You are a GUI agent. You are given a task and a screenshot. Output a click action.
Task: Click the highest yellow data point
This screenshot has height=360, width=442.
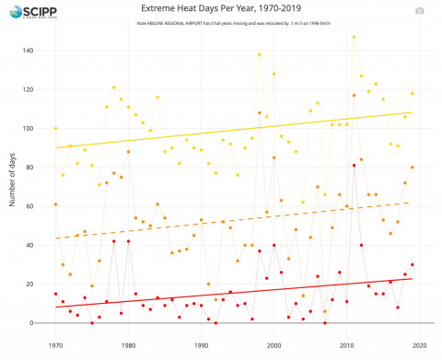tap(354, 37)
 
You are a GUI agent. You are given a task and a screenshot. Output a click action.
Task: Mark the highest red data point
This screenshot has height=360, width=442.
tap(354, 166)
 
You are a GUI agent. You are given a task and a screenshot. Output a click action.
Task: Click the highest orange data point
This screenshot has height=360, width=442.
tap(354, 95)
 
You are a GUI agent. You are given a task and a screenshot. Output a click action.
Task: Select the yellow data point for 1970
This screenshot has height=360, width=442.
tap(55, 128)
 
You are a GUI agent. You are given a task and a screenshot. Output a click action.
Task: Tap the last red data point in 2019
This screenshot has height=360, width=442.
tap(412, 265)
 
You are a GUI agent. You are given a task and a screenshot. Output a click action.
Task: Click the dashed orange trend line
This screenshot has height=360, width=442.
tap(230, 221)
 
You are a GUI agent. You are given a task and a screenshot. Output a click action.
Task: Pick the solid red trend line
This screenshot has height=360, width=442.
tap(230, 293)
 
